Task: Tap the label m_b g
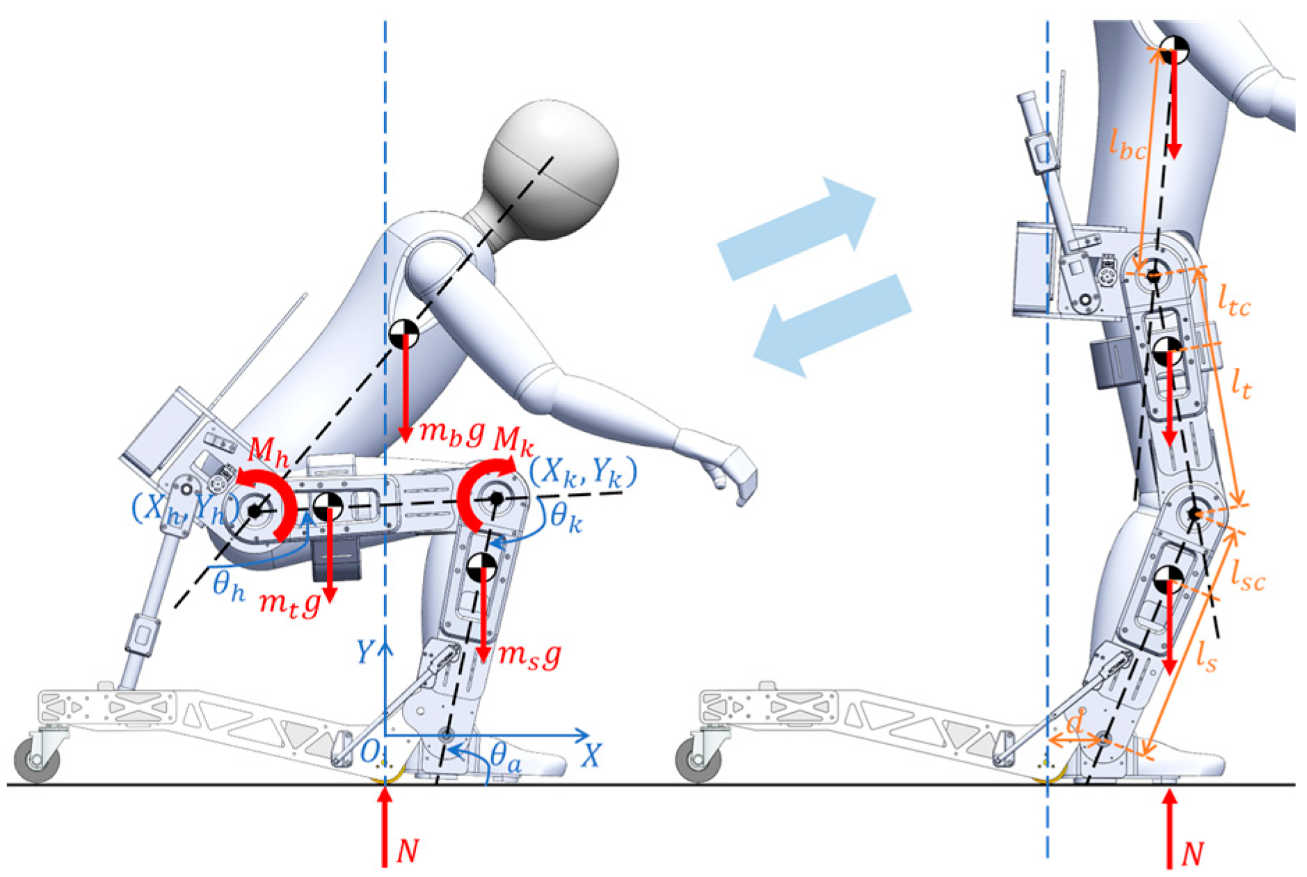tap(451, 433)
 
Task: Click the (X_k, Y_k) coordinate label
tap(583, 473)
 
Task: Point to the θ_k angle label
tap(566, 517)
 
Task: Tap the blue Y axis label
tap(364, 652)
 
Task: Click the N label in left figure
tap(408, 851)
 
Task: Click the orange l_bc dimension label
tap(1126, 146)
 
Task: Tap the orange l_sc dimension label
tap(1247, 577)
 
